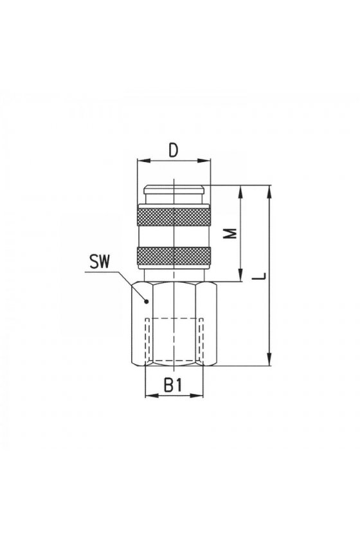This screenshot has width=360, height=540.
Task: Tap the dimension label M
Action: click(x=233, y=233)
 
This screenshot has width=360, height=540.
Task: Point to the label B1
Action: click(x=173, y=384)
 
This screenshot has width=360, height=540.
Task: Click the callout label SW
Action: click(x=99, y=262)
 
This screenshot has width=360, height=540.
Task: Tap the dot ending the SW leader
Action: click(x=147, y=301)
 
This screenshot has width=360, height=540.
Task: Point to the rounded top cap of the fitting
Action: click(x=174, y=189)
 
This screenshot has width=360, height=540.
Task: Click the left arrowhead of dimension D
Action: click(x=142, y=161)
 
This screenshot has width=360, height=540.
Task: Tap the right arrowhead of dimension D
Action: click(x=204, y=161)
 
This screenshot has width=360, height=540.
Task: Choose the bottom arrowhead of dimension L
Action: click(x=270, y=359)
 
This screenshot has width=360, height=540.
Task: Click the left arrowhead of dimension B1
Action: click(x=151, y=395)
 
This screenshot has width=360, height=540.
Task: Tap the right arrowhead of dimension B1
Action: click(x=197, y=395)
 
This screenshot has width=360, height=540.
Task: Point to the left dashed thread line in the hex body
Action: click(x=147, y=339)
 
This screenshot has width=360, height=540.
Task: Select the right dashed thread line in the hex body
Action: click(x=201, y=339)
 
